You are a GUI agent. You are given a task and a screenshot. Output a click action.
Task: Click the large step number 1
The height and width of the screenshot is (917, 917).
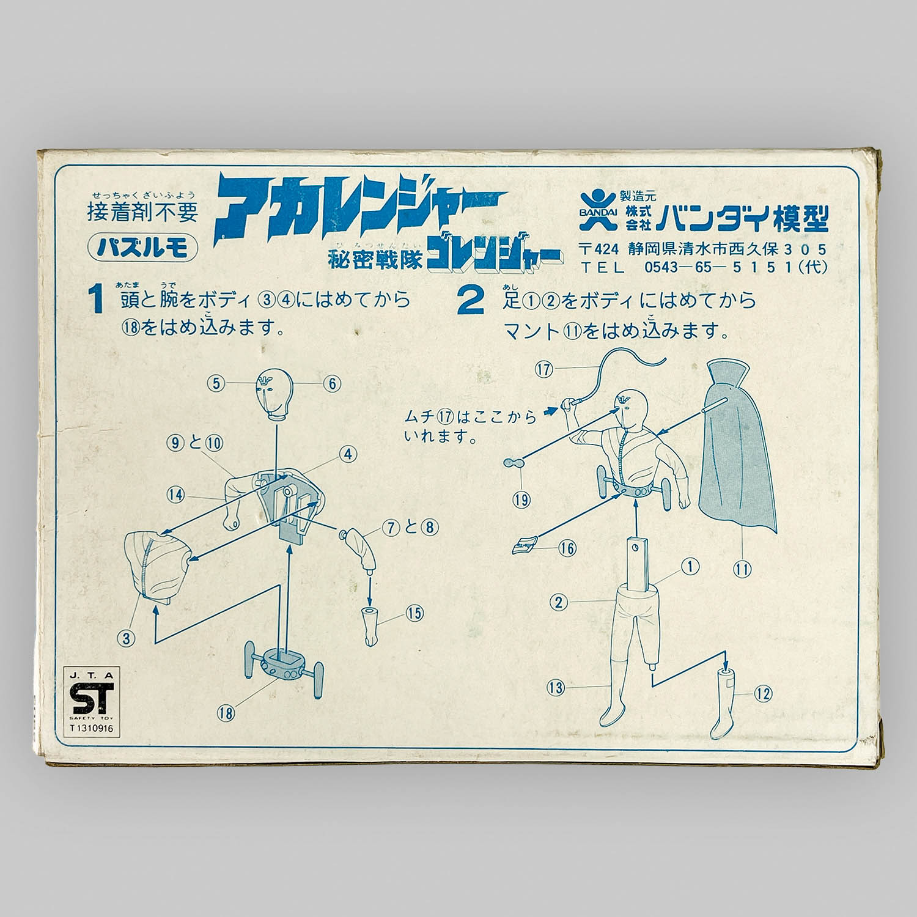click(97, 303)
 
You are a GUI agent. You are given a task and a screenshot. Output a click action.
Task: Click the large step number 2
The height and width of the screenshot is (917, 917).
click(470, 303)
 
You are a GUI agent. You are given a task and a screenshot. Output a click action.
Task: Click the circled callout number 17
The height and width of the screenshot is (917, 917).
click(543, 369)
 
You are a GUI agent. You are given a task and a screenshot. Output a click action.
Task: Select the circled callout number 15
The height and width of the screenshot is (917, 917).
click(415, 612)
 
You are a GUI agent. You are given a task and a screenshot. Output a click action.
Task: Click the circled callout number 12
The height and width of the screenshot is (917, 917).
click(763, 693)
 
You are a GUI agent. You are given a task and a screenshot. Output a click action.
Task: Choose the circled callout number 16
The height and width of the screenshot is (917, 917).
click(568, 548)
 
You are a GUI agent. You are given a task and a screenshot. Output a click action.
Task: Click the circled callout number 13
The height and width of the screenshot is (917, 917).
click(556, 688)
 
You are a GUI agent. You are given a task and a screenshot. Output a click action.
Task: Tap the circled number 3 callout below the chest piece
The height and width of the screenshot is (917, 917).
click(127, 639)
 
